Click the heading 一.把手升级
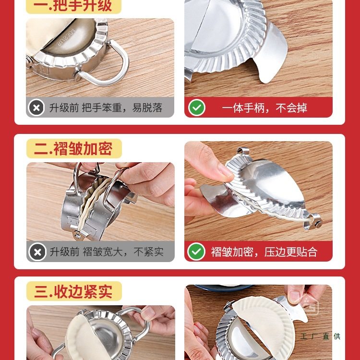coord(73,6)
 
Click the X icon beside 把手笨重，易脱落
coord(37,108)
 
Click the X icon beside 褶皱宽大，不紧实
coord(37,252)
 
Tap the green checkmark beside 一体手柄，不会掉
coord(196,108)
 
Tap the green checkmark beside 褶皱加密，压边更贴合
coord(196,252)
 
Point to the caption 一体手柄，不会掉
coord(264,108)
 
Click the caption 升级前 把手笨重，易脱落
coord(106,108)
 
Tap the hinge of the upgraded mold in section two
coord(314,223)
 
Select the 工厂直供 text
coord(321,336)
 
